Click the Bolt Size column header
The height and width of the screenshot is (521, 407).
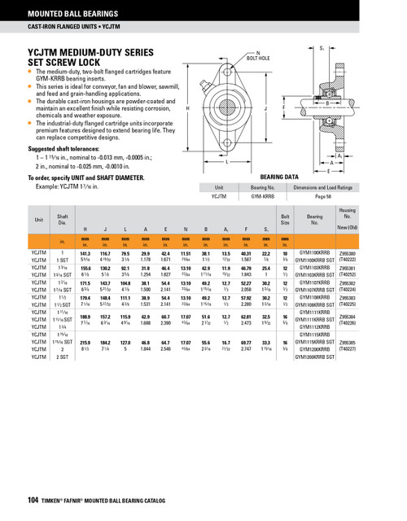click(285, 219)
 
